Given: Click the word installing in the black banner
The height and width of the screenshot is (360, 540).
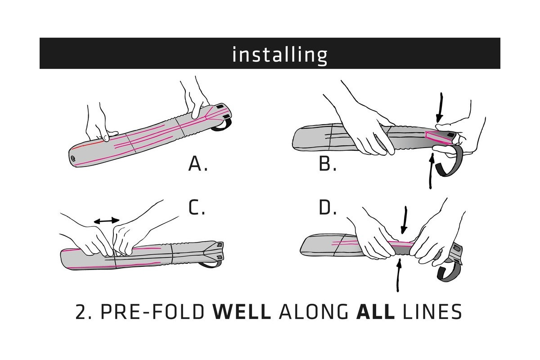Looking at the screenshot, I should coord(279,54).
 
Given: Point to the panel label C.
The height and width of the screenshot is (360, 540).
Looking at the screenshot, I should coord(197,207).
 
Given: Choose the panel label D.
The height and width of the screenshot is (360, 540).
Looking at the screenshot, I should coord(328,207).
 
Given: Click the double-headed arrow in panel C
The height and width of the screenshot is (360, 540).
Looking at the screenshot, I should coord(106,220).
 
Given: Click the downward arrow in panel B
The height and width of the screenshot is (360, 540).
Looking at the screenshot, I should coord(440,108).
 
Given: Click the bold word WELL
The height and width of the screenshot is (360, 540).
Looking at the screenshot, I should coord(241,311).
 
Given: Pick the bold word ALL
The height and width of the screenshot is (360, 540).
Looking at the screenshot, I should coord(375,311).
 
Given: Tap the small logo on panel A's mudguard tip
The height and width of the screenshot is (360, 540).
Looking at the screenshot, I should coord(73,158).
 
